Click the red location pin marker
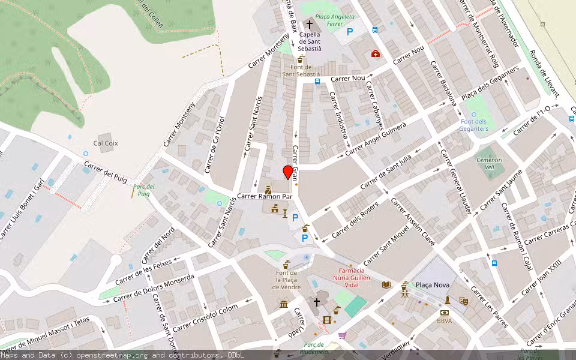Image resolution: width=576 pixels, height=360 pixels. click(x=288, y=172)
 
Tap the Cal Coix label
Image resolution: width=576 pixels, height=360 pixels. click(x=106, y=143)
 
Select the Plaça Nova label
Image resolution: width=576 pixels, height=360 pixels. click(x=431, y=285)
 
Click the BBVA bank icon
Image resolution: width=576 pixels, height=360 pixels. click(x=444, y=313)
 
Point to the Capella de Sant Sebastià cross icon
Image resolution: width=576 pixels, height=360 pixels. click(x=310, y=25)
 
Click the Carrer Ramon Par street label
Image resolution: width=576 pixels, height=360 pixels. click(x=265, y=196)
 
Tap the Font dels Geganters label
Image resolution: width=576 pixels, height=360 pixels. click(x=474, y=125)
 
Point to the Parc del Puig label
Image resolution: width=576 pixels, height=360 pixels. click(x=142, y=190)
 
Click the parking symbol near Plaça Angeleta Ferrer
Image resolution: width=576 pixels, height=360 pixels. click(x=349, y=32)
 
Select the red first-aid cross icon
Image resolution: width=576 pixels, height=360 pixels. click(x=376, y=53)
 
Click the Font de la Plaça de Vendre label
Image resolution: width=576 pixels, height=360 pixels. click(x=286, y=280)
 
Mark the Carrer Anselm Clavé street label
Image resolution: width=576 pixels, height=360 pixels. click(x=413, y=222)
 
